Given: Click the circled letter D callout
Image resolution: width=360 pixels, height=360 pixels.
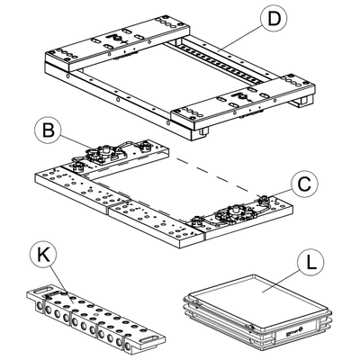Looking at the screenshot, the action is point(274,19).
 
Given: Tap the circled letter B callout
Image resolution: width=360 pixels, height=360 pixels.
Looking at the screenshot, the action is point(48,130).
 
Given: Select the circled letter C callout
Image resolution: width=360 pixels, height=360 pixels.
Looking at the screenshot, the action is point(304,184).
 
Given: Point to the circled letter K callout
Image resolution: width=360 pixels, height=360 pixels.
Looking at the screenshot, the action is point(43,256).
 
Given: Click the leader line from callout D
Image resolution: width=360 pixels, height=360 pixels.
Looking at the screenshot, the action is point(241,40).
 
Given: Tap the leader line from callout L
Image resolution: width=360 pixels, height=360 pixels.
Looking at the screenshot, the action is point(281,281).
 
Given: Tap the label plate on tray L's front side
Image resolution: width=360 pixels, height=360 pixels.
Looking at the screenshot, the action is point(292,331).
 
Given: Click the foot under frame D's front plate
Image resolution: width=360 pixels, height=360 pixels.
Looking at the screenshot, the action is point(202,131).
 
